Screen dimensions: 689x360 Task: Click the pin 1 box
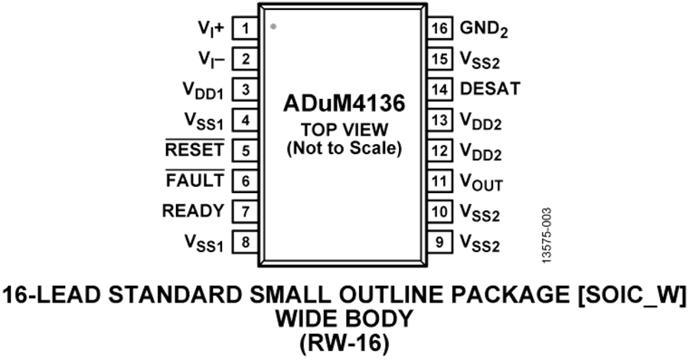click(245, 28)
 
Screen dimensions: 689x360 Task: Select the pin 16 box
click(439, 28)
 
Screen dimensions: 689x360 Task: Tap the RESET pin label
click(194, 149)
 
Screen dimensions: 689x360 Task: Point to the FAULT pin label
click(194, 180)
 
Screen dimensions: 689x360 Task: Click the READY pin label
click(193, 211)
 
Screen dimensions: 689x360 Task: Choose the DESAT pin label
click(490, 89)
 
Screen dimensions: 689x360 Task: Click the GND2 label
click(484, 29)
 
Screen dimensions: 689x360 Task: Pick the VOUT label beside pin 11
click(482, 182)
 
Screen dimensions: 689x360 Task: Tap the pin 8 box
click(245, 242)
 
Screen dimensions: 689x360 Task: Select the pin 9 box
click(439, 242)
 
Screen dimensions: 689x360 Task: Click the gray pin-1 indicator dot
click(273, 26)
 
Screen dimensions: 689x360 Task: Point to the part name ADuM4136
click(344, 103)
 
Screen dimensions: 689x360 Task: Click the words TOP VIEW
click(344, 129)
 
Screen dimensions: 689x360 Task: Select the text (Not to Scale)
click(344, 149)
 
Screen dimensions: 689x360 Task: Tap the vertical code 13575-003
click(546, 236)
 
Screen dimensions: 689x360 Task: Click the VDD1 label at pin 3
click(203, 91)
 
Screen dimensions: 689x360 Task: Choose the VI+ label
click(211, 29)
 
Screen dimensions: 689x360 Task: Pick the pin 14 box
click(439, 89)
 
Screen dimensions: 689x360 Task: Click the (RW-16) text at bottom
click(344, 344)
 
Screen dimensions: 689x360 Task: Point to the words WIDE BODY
click(344, 319)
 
